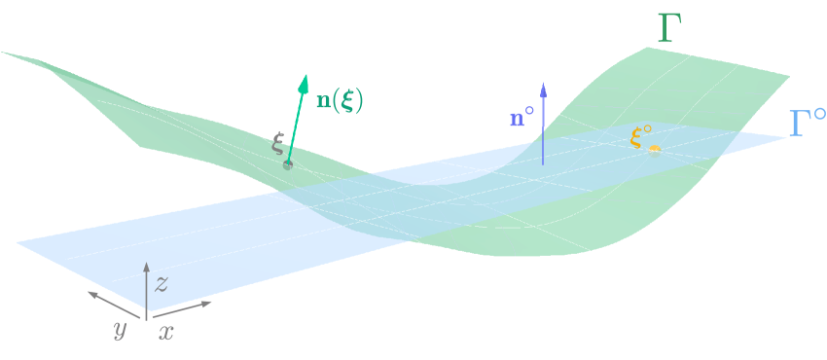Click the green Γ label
point(668,30)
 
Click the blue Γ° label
point(807,124)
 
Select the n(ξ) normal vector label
point(340,101)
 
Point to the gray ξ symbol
point(278,146)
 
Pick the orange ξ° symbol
point(639,137)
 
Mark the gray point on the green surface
point(288,162)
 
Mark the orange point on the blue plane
point(655,149)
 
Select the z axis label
point(162,283)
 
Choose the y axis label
point(120,330)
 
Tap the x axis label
point(166,332)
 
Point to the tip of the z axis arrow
point(146,266)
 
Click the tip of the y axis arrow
point(88,291)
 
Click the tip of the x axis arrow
point(211,303)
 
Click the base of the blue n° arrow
point(543,163)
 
